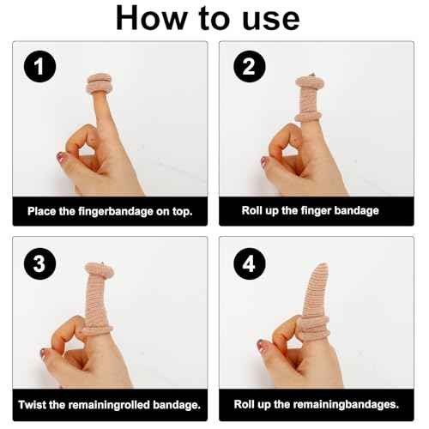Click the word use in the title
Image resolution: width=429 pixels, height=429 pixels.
pos(274,20)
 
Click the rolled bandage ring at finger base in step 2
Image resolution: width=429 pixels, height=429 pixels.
pos(310,116)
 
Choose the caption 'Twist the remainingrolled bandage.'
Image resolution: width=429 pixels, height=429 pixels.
pos(109,403)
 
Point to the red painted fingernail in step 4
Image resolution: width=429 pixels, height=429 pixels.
pos(264,346)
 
